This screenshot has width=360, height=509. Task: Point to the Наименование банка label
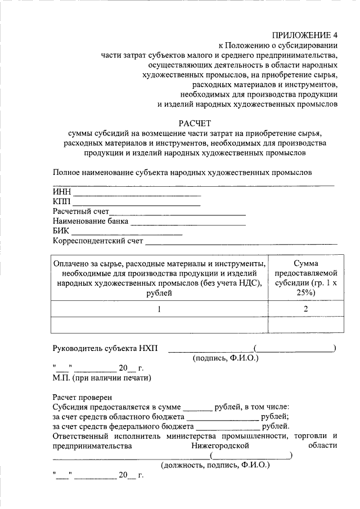tap(90, 222)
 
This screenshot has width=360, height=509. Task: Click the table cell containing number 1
tap(159, 309)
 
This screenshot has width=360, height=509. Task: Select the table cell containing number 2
tap(305, 309)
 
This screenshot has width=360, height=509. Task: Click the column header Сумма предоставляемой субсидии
tap(305, 278)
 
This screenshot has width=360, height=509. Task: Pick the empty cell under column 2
tap(305, 325)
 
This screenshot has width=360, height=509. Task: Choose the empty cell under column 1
tap(159, 325)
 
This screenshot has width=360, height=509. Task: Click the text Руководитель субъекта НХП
tap(105, 348)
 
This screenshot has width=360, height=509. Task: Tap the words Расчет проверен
tap(82, 397)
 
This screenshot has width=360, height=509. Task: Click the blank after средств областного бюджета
tap(223, 418)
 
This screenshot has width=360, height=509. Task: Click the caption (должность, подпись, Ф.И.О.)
tap(215, 466)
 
